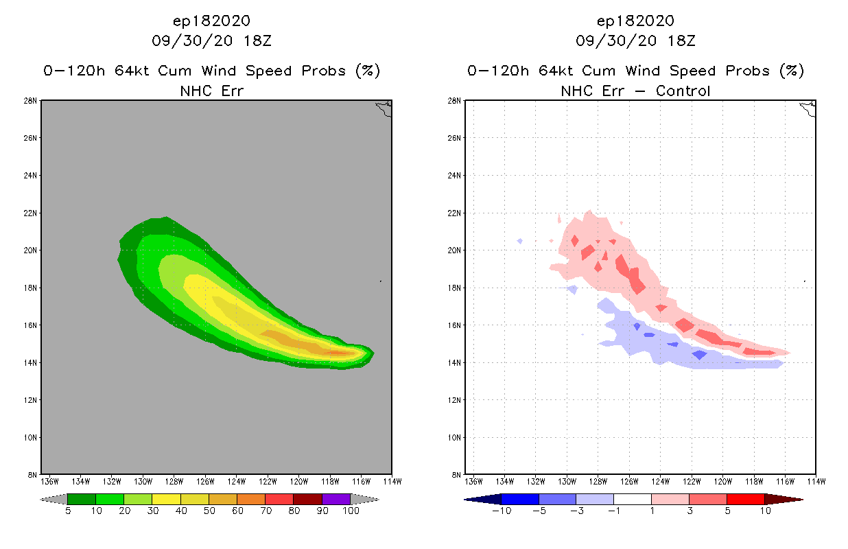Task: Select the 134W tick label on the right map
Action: pos(504,480)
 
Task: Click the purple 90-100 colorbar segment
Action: pos(336,499)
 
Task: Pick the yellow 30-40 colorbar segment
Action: pos(166,499)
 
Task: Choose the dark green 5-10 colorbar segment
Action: pos(82,499)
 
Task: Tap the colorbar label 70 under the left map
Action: pos(266,511)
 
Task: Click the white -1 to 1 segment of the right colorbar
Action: pos(632,499)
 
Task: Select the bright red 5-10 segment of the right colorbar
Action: pos(745,499)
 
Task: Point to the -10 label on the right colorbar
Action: pos(499,511)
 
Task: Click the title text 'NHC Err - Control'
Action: pos(635,91)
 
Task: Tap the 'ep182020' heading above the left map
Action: pos(211,21)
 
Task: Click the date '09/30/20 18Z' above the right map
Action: pos(635,40)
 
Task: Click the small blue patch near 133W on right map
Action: pos(520,241)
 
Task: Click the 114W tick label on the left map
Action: pos(392,480)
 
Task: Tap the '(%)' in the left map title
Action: pos(368,71)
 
